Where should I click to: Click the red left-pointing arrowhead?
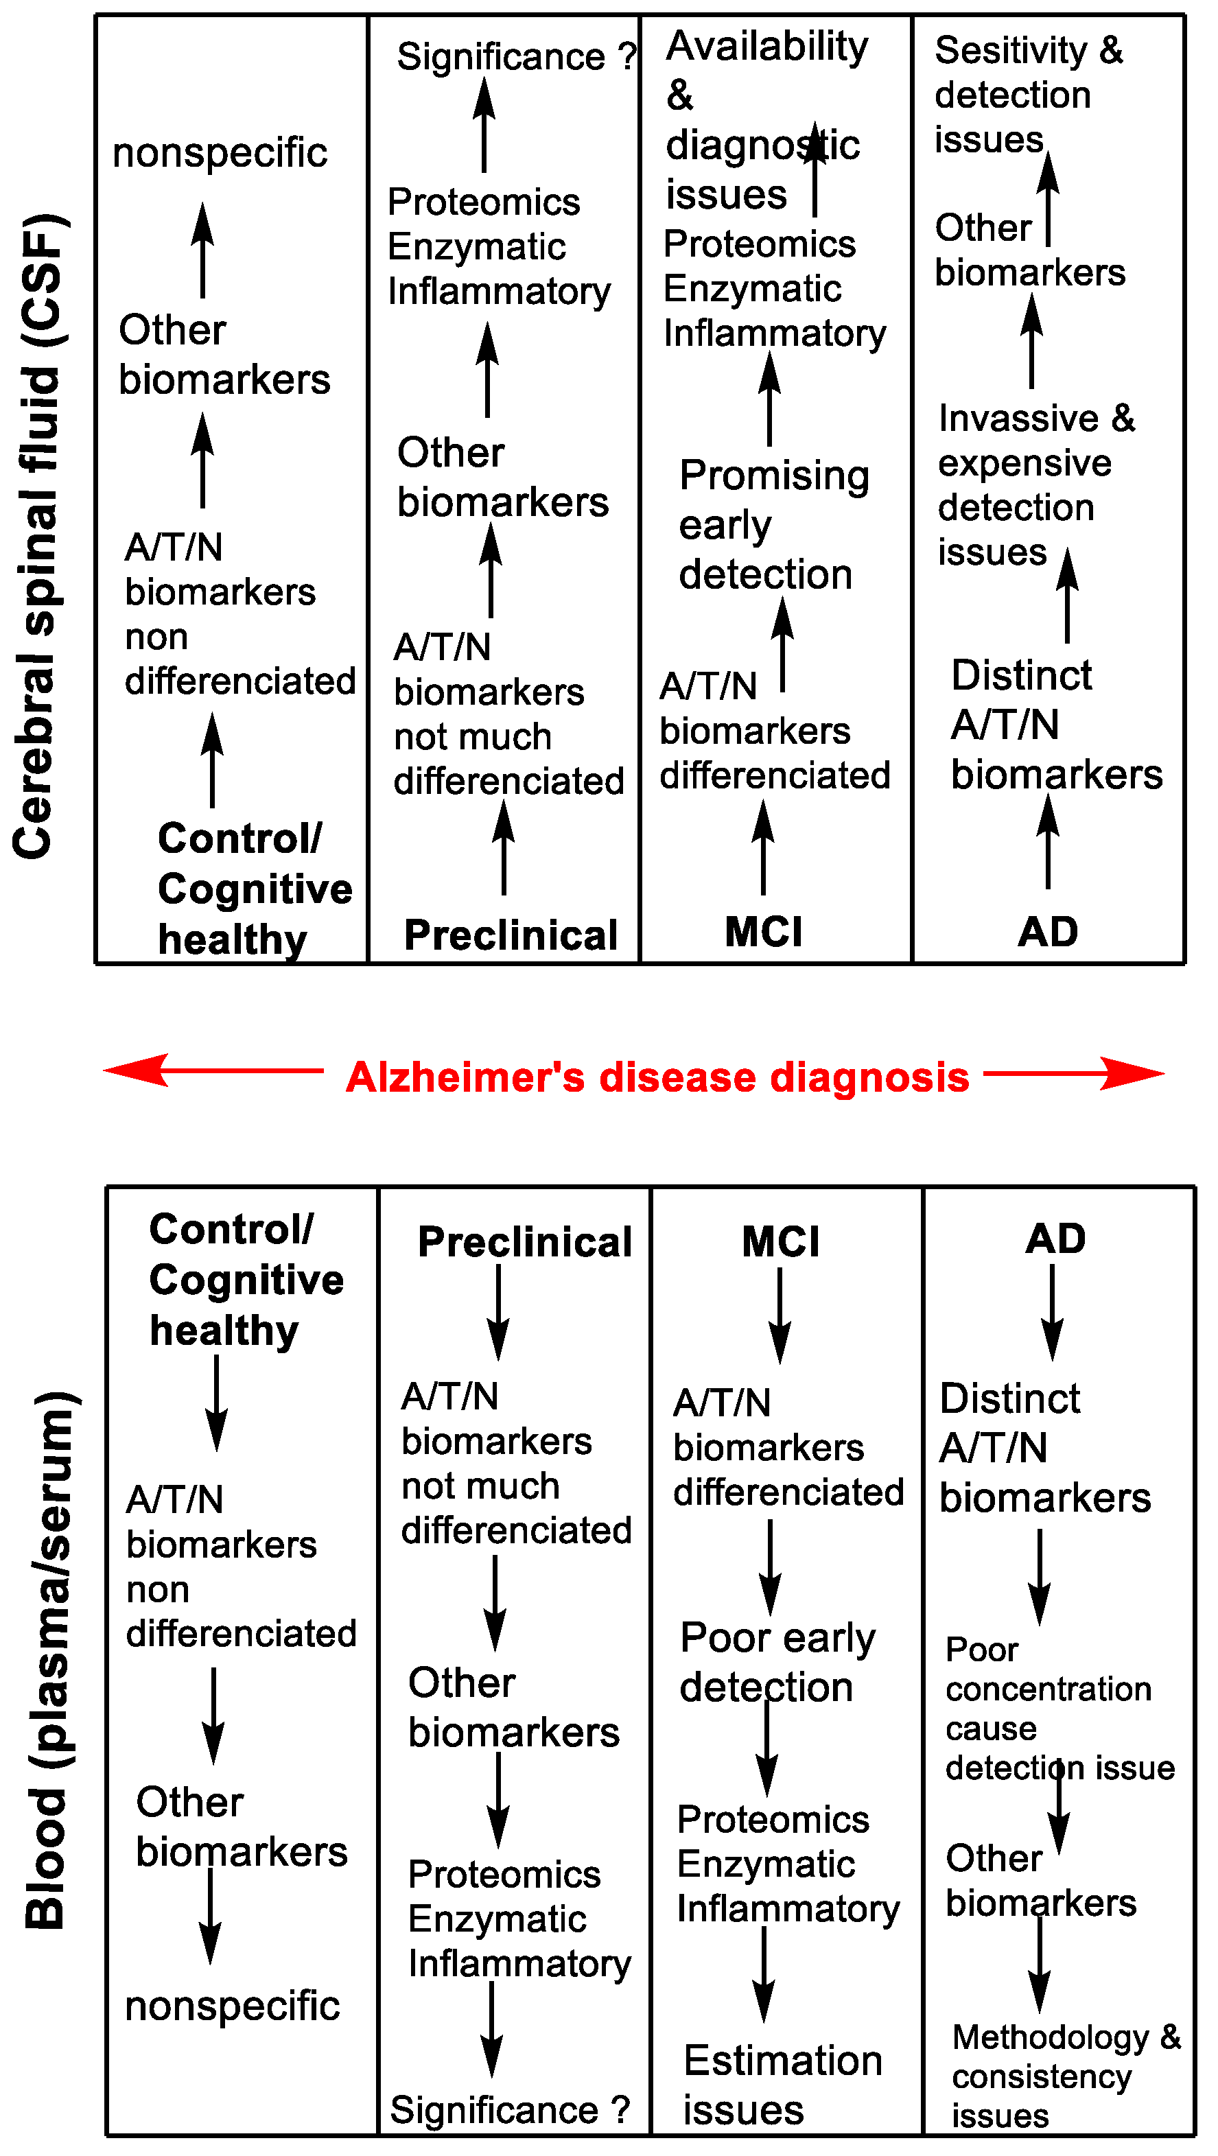134,1070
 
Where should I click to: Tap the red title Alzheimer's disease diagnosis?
657,1077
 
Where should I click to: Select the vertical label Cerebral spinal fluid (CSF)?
40,536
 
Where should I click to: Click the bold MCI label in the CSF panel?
764,932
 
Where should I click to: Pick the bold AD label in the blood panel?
1055,1239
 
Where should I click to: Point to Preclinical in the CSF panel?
511,935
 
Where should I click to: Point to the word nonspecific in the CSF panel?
220,153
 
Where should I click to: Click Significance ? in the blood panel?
510,2110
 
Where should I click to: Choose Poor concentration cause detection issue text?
1058,1708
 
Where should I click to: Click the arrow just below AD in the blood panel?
1052,1311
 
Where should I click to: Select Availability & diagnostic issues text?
764,119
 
